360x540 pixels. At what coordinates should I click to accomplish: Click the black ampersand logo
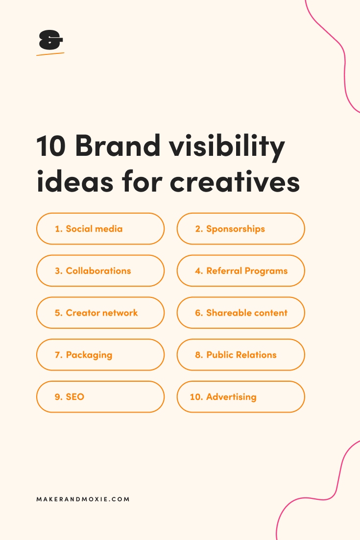[50, 40]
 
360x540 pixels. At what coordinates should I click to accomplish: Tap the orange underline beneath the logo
[50, 54]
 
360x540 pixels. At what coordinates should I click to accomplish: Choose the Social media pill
[100, 229]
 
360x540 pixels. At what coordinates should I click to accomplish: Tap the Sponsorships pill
[240, 229]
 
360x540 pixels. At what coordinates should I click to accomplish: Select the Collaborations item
[100, 271]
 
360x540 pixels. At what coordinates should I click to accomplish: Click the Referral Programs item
[240, 271]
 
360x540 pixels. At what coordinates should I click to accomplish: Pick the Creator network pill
[100, 313]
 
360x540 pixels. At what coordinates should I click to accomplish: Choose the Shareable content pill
[240, 313]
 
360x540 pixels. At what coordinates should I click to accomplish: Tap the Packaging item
[100, 355]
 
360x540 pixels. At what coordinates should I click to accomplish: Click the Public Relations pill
[240, 355]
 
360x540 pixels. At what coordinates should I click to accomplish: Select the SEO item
[100, 397]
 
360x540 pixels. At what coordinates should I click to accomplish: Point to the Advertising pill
[240, 397]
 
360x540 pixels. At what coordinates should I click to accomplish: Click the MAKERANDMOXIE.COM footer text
[83, 499]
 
